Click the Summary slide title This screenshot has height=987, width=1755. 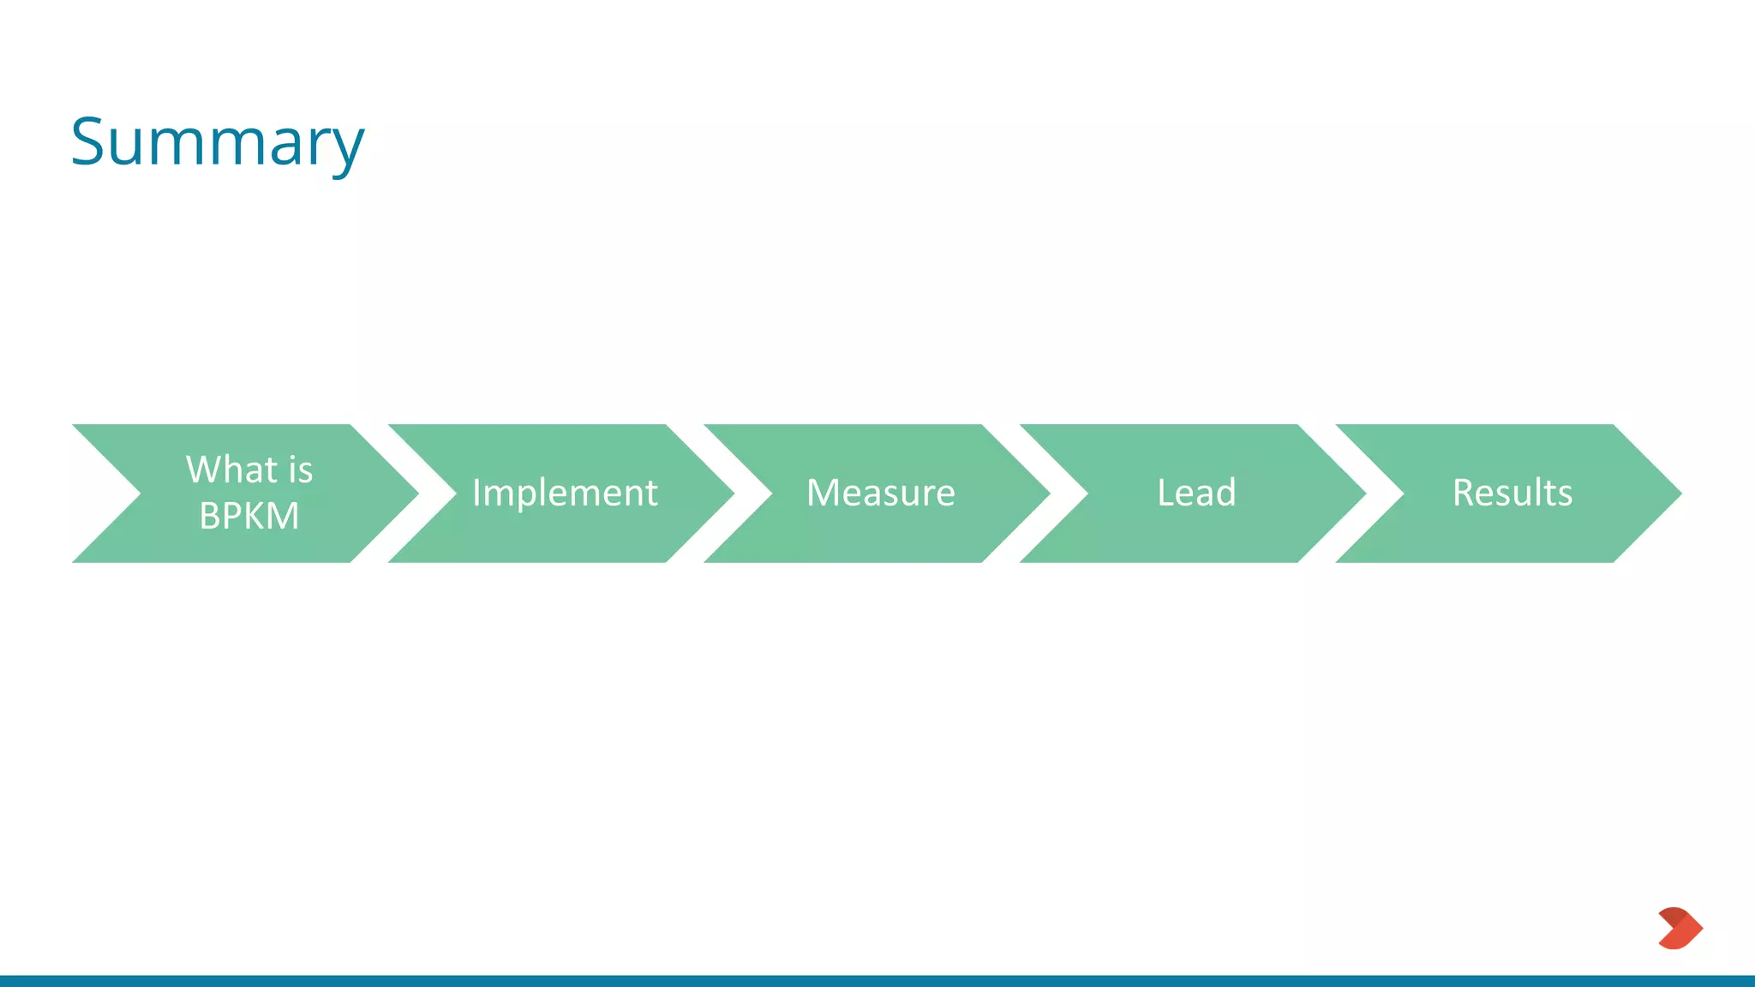218,142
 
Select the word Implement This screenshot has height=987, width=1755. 565,493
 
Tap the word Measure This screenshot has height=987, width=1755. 880,493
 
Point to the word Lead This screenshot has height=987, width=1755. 1196,493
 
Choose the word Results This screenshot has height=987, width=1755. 1512,493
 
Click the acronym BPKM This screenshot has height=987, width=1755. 249,516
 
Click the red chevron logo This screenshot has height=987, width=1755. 1680,928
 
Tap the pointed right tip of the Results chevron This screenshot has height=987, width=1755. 1675,493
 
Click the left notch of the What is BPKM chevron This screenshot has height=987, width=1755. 129,493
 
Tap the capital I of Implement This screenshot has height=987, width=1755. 477,493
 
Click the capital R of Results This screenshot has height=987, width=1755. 1464,493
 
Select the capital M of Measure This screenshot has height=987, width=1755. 824,493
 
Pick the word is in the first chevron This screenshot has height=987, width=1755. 301,470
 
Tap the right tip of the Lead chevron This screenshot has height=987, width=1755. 1359,493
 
